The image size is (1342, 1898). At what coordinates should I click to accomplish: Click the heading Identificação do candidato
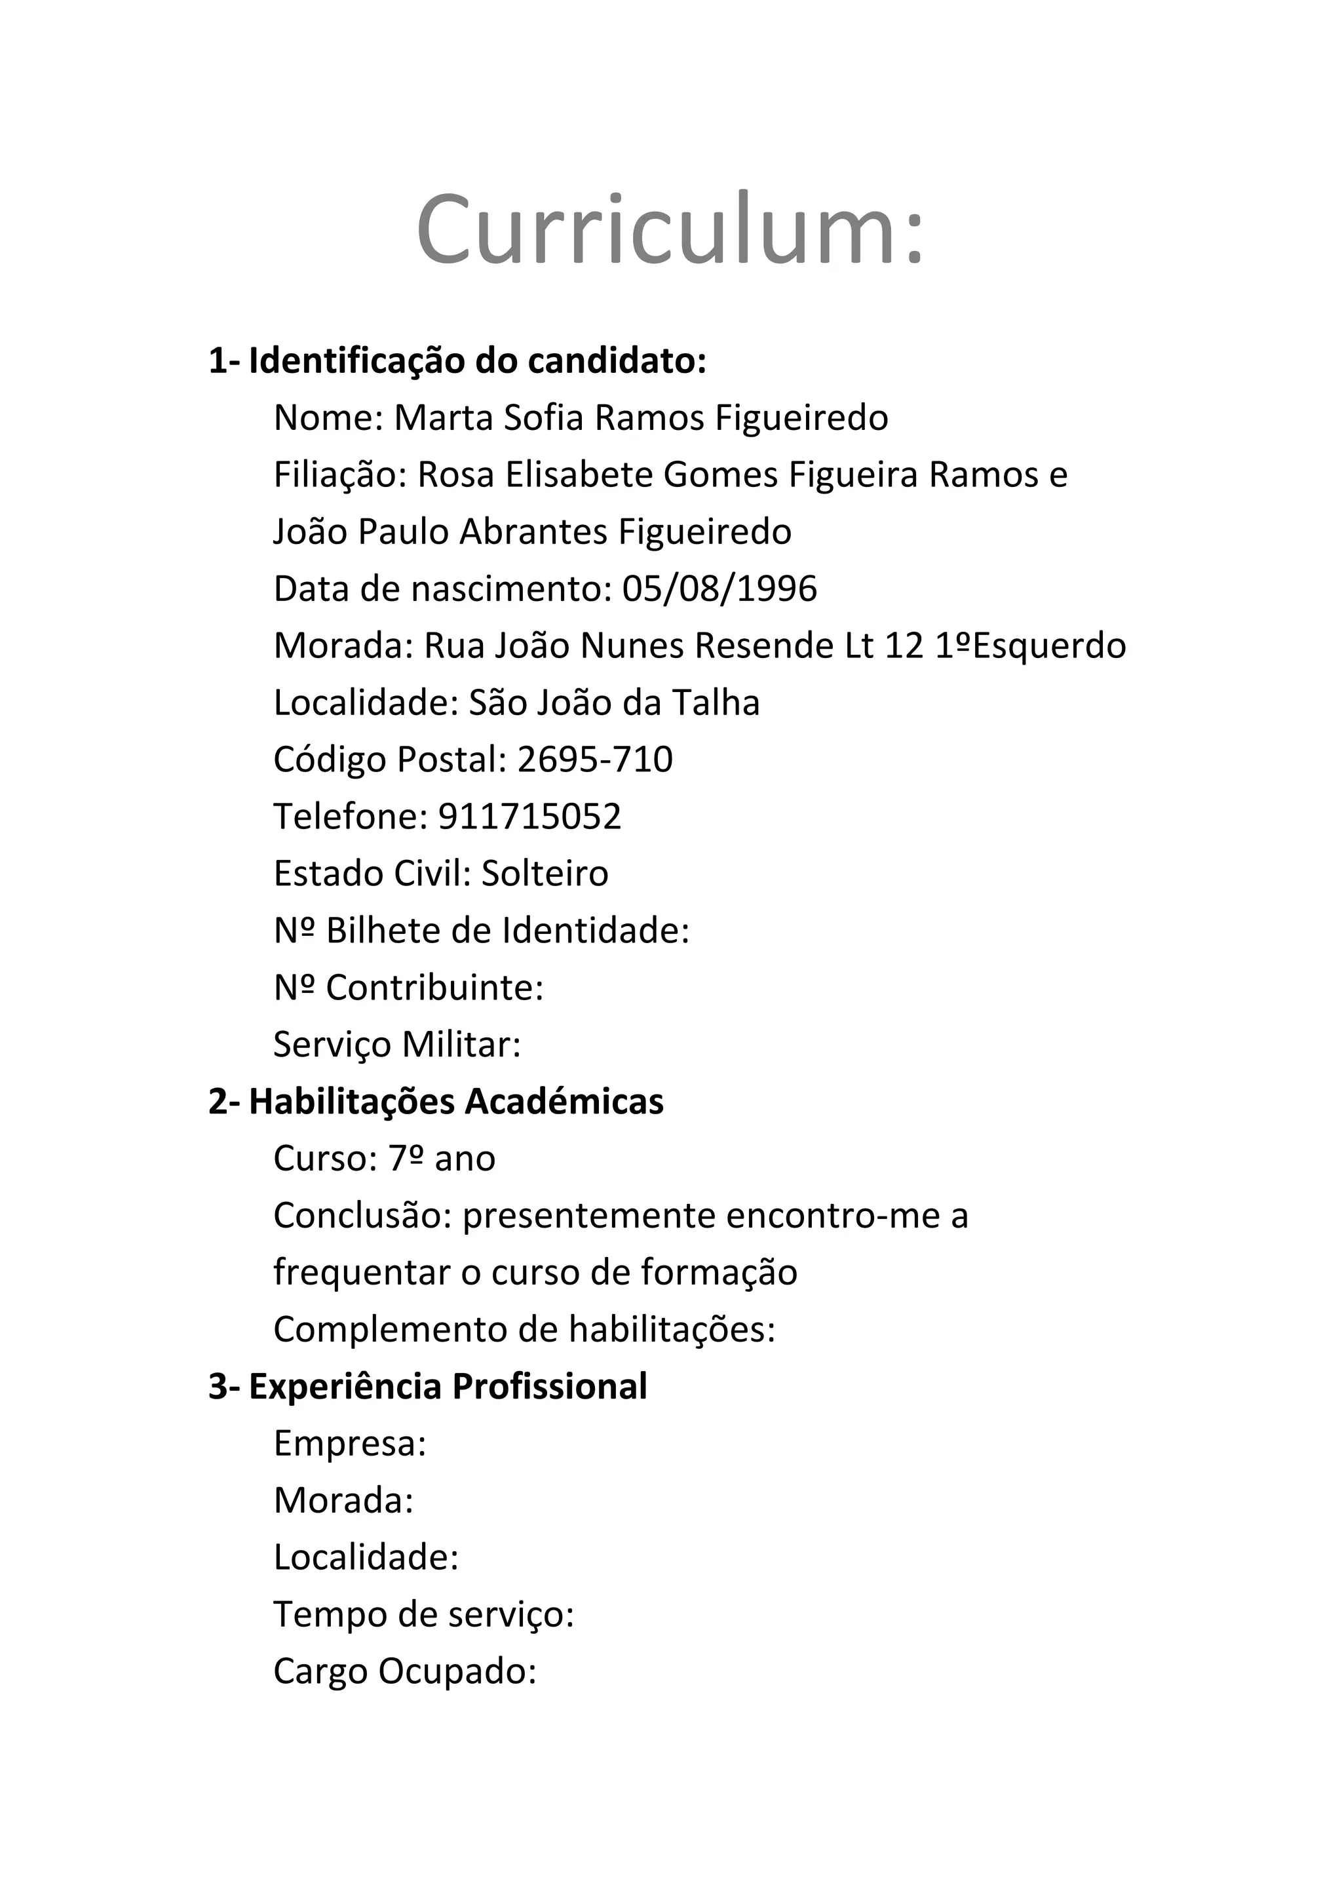pyautogui.click(x=477, y=361)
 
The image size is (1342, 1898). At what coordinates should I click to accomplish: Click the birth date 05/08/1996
pyautogui.click(x=719, y=589)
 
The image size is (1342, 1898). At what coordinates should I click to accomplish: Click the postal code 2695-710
pyautogui.click(x=595, y=760)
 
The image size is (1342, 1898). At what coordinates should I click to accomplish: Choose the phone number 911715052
pyautogui.click(x=529, y=817)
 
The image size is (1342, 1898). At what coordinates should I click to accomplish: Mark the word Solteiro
pyautogui.click(x=545, y=874)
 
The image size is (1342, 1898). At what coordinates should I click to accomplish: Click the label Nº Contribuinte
pyautogui.click(x=408, y=988)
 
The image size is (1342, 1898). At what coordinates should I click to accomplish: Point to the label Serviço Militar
pyautogui.click(x=396, y=1045)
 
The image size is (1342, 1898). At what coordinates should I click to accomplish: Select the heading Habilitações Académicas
pyautogui.click(x=455, y=1102)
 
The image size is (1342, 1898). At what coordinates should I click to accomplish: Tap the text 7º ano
pyautogui.click(x=442, y=1159)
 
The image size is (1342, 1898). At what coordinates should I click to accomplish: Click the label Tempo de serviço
pyautogui.click(x=423, y=1614)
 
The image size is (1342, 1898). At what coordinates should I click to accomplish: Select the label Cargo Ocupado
pyautogui.click(x=405, y=1671)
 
